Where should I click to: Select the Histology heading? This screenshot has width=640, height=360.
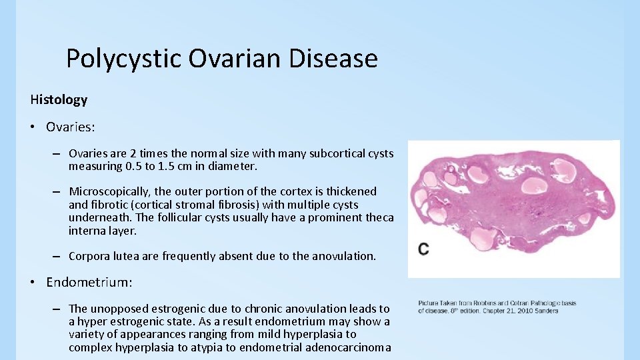tap(59, 99)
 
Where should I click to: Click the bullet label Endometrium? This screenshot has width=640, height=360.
tap(89, 282)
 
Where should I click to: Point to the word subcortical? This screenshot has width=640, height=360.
tap(341, 153)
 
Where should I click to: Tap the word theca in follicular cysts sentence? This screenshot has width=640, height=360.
tap(380, 217)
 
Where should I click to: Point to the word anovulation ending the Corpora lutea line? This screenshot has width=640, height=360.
tap(343, 256)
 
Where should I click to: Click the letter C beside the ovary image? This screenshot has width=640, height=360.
tap(424, 249)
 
